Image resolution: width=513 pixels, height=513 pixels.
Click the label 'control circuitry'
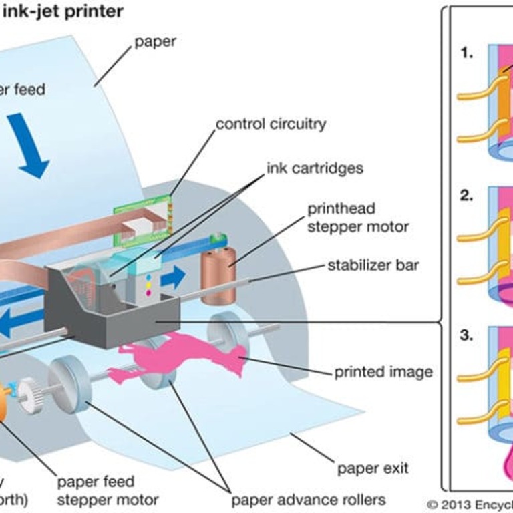pos(271,124)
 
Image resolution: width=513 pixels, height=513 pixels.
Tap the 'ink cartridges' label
pos(315,167)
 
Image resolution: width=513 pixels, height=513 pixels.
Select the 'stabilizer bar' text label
pos(373,265)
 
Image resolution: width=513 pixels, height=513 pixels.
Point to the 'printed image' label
pos(383,372)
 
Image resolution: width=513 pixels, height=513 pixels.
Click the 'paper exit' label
pos(373,468)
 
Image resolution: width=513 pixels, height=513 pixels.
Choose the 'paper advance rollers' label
pos(308,500)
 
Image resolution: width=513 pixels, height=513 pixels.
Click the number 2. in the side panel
pos(466,196)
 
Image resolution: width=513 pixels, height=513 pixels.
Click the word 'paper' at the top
pos(155,42)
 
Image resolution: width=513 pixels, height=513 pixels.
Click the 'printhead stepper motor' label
pos(357,218)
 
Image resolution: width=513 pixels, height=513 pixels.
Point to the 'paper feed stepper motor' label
pos(107,490)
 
